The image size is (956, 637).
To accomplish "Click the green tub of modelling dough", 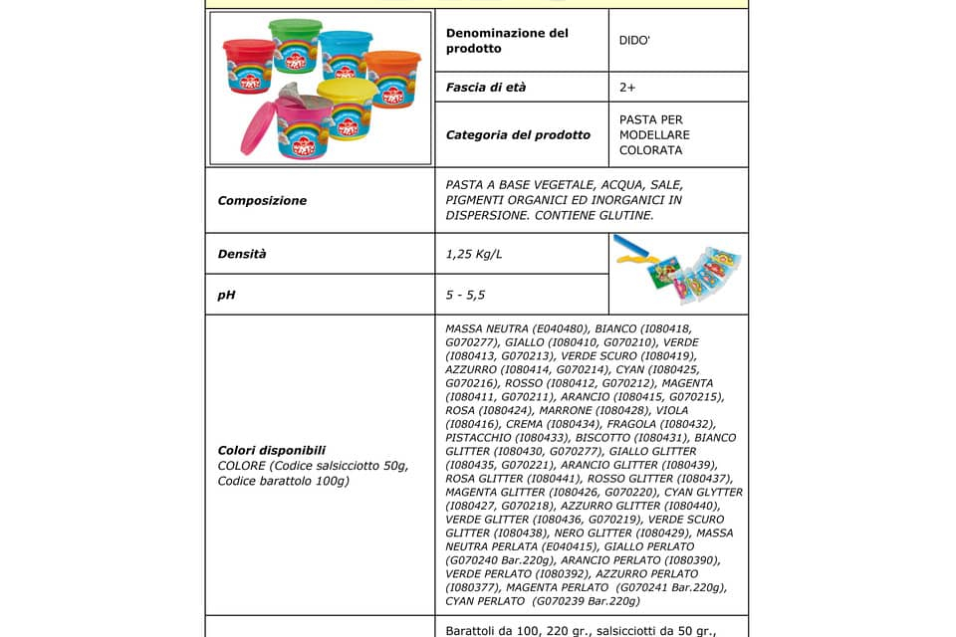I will [296, 44].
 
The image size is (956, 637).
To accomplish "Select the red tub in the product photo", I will [248, 66].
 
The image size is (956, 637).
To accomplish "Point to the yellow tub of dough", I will [348, 107].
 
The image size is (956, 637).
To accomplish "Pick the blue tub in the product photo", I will [347, 54].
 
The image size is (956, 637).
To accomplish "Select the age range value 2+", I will [627, 88].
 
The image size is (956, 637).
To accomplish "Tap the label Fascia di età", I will [486, 88].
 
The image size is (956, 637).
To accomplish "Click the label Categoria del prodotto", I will [518, 135].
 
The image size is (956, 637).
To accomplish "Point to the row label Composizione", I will [262, 200].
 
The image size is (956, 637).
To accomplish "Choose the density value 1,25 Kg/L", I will [474, 254].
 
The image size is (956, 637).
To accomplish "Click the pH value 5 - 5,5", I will [466, 295].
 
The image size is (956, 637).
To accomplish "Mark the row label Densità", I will [242, 254].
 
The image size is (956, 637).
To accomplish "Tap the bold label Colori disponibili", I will [272, 450].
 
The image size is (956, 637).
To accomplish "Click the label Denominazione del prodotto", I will [507, 41].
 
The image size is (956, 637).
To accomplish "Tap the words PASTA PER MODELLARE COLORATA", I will [654, 135].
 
